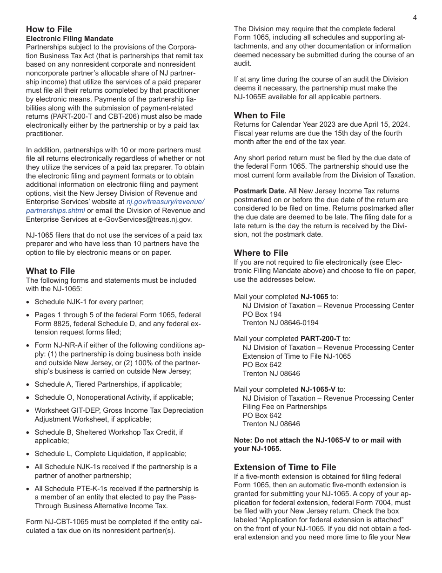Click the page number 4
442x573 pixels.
click(x=415, y=18)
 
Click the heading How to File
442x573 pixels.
click(x=49, y=30)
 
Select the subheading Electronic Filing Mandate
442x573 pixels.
click(x=69, y=39)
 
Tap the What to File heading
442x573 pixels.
click(x=50, y=271)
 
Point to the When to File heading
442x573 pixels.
click(x=260, y=116)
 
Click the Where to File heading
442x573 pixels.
click(x=261, y=253)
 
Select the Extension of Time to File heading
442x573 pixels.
click(x=285, y=467)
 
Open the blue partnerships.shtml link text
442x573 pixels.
click(x=55, y=211)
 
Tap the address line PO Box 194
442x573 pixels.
click(x=262, y=314)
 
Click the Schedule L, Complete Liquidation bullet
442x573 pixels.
click(x=110, y=454)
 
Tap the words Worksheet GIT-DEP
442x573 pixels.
click(x=64, y=410)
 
